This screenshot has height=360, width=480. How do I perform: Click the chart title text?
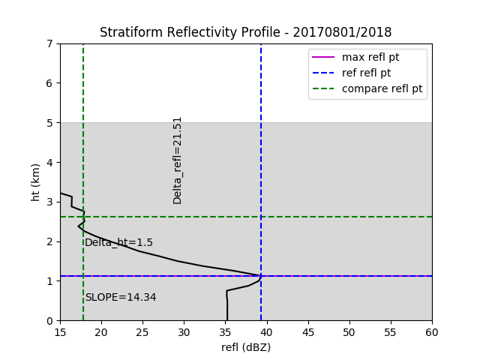(245, 32)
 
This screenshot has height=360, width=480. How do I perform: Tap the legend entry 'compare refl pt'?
(382, 88)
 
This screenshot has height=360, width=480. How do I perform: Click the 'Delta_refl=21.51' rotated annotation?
(178, 160)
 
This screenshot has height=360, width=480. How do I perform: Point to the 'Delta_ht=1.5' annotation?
(118, 242)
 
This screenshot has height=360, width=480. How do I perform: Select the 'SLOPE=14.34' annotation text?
(121, 297)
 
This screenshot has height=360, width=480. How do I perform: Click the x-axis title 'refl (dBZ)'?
(245, 347)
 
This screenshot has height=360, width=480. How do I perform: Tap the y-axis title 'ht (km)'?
(36, 181)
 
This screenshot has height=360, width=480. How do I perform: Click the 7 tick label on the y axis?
(50, 43)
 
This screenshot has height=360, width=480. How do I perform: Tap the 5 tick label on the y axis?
(50, 122)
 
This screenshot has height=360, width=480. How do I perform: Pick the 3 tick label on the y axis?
(50, 202)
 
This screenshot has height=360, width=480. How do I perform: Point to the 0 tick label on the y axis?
(50, 320)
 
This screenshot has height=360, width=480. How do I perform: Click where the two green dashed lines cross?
(83, 217)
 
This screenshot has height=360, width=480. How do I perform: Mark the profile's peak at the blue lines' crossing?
(261, 276)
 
